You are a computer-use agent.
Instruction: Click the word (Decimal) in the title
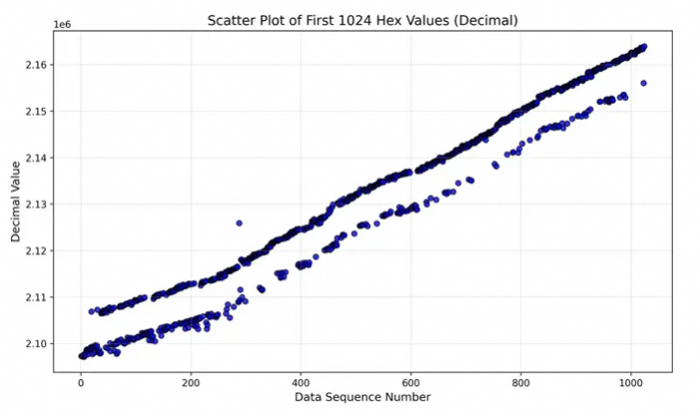point(484,20)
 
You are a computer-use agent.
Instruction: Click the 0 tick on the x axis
point(81,382)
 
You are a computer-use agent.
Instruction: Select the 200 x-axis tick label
point(191,382)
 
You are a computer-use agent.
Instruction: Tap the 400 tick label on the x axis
point(301,382)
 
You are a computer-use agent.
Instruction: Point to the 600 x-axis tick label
point(411,382)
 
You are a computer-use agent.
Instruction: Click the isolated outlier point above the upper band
point(239,222)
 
